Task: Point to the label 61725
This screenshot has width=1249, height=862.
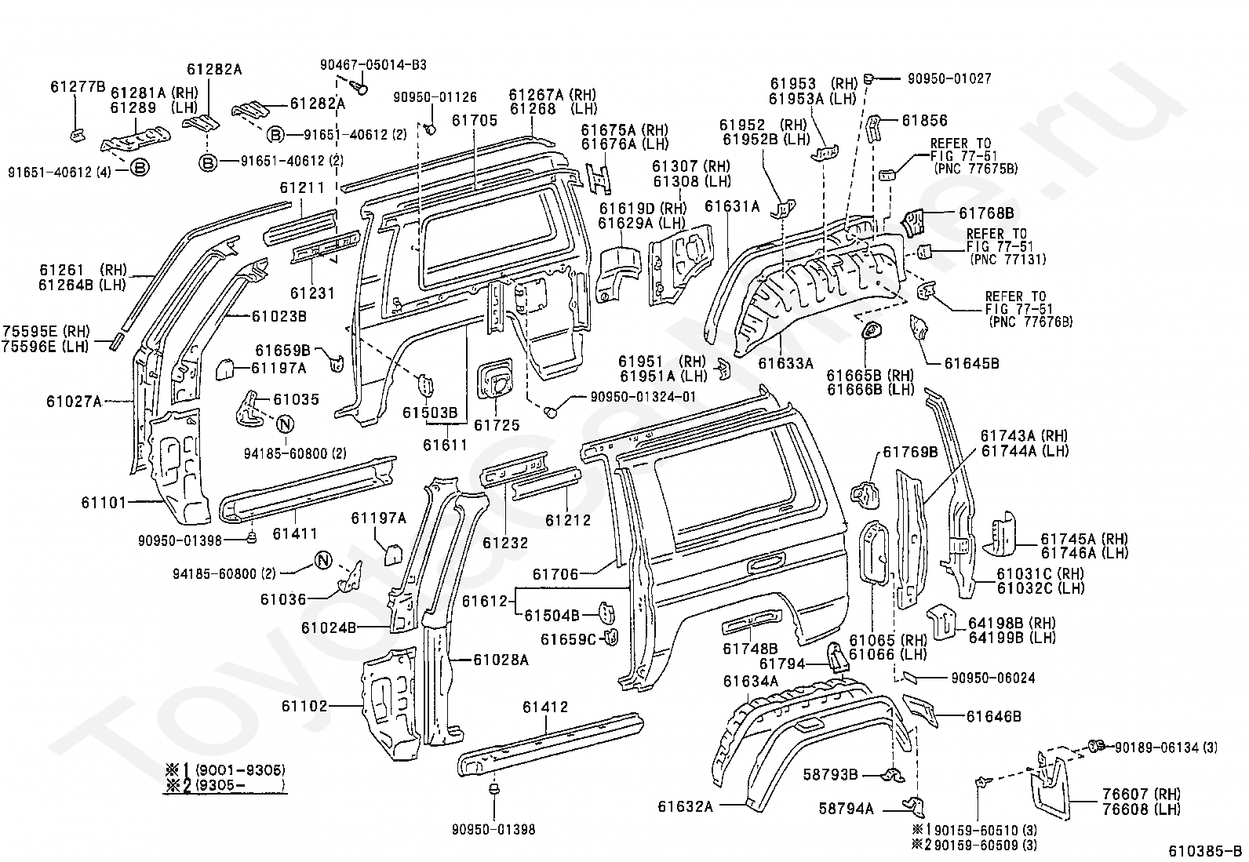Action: [x=497, y=425]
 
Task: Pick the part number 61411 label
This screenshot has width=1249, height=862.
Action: [x=295, y=534]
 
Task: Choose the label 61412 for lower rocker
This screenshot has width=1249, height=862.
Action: [x=544, y=707]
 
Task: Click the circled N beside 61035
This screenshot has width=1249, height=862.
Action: [x=285, y=424]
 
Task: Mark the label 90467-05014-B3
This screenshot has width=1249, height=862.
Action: [x=373, y=65]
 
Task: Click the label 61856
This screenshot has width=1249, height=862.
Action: [x=924, y=121]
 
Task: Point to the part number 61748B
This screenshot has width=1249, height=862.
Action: [x=750, y=649]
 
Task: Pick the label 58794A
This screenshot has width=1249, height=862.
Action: [x=847, y=809]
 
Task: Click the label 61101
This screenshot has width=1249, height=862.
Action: [x=104, y=501]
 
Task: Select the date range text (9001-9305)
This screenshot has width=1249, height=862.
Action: [x=240, y=769]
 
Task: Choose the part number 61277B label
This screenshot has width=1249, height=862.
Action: [x=78, y=87]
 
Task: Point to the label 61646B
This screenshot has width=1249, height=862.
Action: [x=993, y=716]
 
